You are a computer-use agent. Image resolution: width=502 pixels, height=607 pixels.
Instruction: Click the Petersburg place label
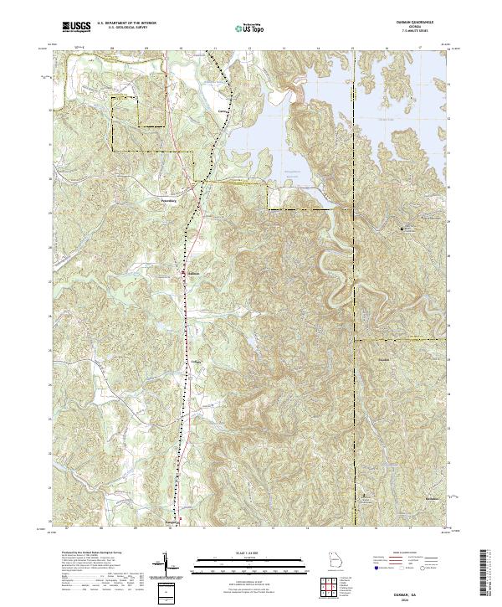click(x=171, y=201)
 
